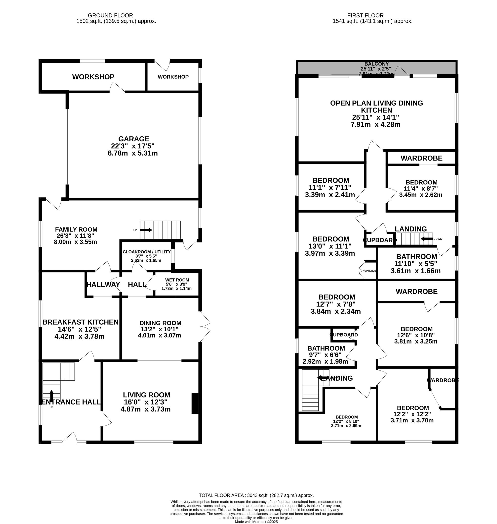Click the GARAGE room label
(x=133, y=139)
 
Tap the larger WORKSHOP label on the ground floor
(x=93, y=77)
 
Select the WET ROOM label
(x=177, y=280)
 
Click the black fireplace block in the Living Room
(x=195, y=403)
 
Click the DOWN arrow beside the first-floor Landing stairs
(x=426, y=239)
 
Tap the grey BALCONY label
(x=376, y=64)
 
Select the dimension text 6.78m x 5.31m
(x=133, y=153)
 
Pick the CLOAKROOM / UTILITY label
(x=147, y=252)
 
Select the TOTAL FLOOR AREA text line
(x=256, y=495)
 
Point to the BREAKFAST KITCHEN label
(x=80, y=322)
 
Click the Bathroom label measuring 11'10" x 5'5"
(x=416, y=257)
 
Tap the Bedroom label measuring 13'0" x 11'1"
(x=331, y=239)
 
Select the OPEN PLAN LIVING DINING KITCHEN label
(x=376, y=107)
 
